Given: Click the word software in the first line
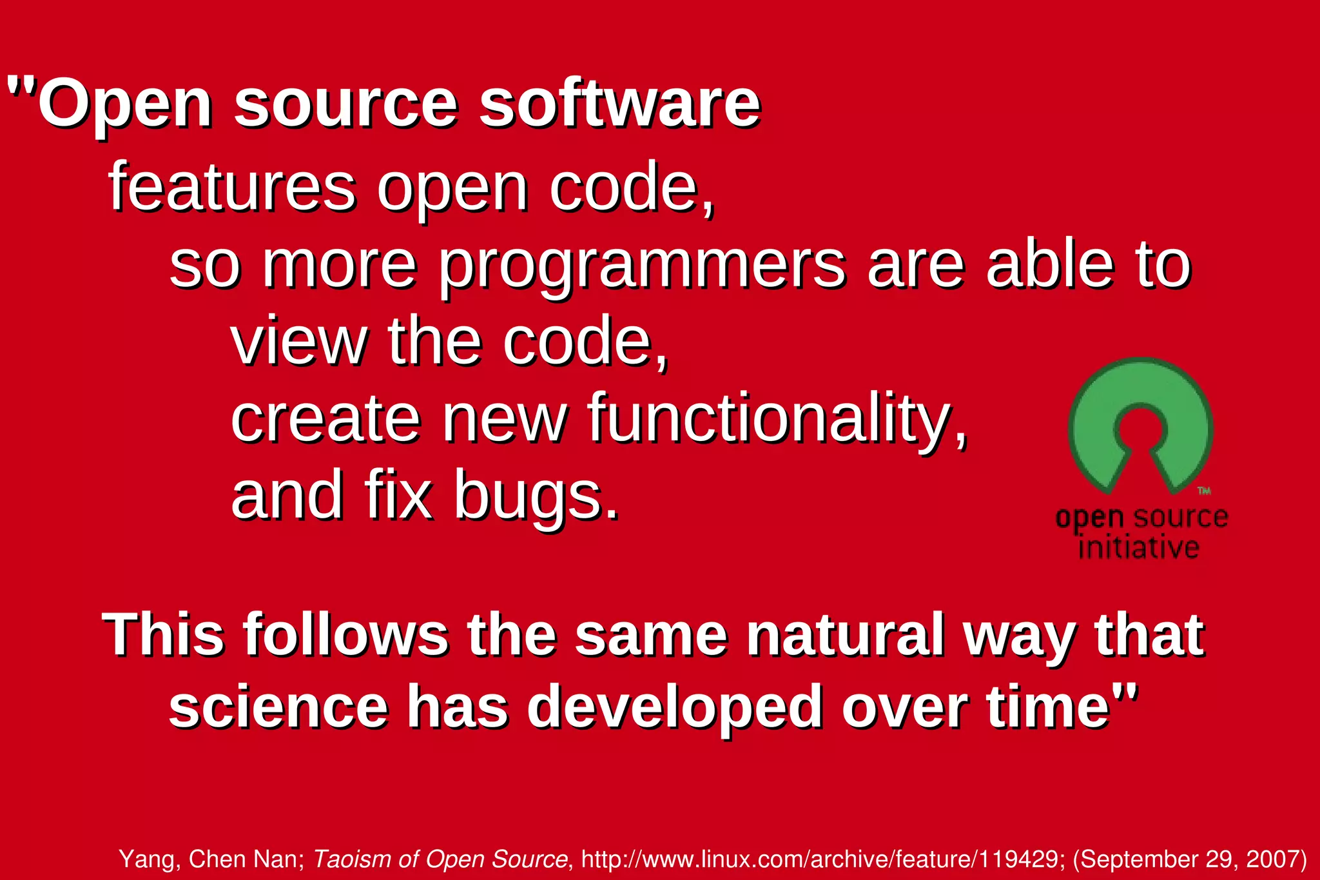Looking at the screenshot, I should (x=619, y=103).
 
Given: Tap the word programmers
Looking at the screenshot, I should (x=641, y=266).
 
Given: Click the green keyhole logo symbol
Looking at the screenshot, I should (x=1141, y=425).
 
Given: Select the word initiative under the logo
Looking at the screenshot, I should (x=1138, y=548).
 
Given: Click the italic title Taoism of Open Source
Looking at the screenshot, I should (x=440, y=859).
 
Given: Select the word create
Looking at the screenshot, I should (x=325, y=419).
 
